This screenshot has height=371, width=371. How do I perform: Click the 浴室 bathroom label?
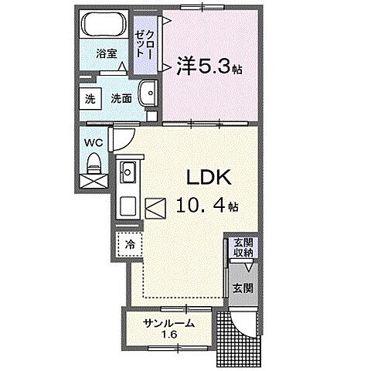point(107,54)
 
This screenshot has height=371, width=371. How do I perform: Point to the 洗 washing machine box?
point(91,99)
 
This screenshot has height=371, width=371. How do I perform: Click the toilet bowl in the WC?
point(94,163)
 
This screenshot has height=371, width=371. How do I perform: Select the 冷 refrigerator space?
point(129,244)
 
